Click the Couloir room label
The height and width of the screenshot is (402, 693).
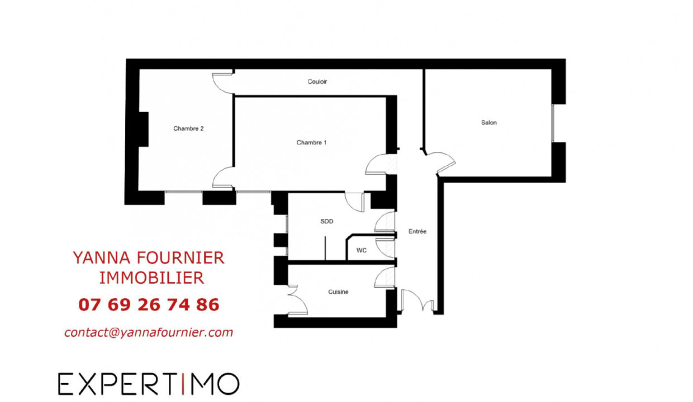pos(317,82)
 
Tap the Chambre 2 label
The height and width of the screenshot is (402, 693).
pos(188,128)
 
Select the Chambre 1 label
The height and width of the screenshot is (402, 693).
pos(311,142)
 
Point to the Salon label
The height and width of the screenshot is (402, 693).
pos(489,123)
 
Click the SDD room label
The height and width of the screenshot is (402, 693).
pos(327,221)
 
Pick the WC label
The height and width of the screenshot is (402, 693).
pos(362,250)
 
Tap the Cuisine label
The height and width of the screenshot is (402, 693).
pos(338,291)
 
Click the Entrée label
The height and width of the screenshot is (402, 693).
pos(417,231)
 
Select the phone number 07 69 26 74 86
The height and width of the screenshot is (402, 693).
pos(149,305)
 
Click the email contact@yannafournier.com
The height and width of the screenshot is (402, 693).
pos(149,332)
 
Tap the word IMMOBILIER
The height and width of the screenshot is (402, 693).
pos(151,278)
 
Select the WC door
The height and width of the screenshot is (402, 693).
pos(385,247)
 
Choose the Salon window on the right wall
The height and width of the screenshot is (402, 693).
pos(553,123)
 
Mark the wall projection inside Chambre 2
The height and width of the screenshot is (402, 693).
pos(144,129)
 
